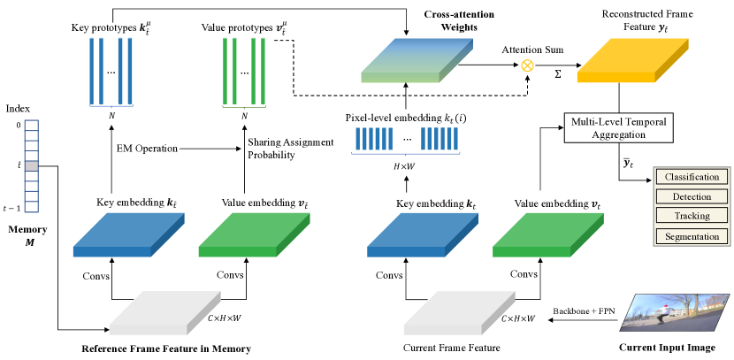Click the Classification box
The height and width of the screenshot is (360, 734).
(692, 177)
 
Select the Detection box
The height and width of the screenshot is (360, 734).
(692, 196)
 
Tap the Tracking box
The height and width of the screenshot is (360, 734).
(692, 216)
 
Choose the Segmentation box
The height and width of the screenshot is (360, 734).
(692, 236)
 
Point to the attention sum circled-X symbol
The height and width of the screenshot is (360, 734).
(528, 65)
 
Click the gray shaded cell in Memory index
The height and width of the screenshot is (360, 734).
(32, 165)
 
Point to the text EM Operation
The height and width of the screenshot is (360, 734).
(147, 149)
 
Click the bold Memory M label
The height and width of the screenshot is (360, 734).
(30, 236)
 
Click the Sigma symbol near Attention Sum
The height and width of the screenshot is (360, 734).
(557, 74)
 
